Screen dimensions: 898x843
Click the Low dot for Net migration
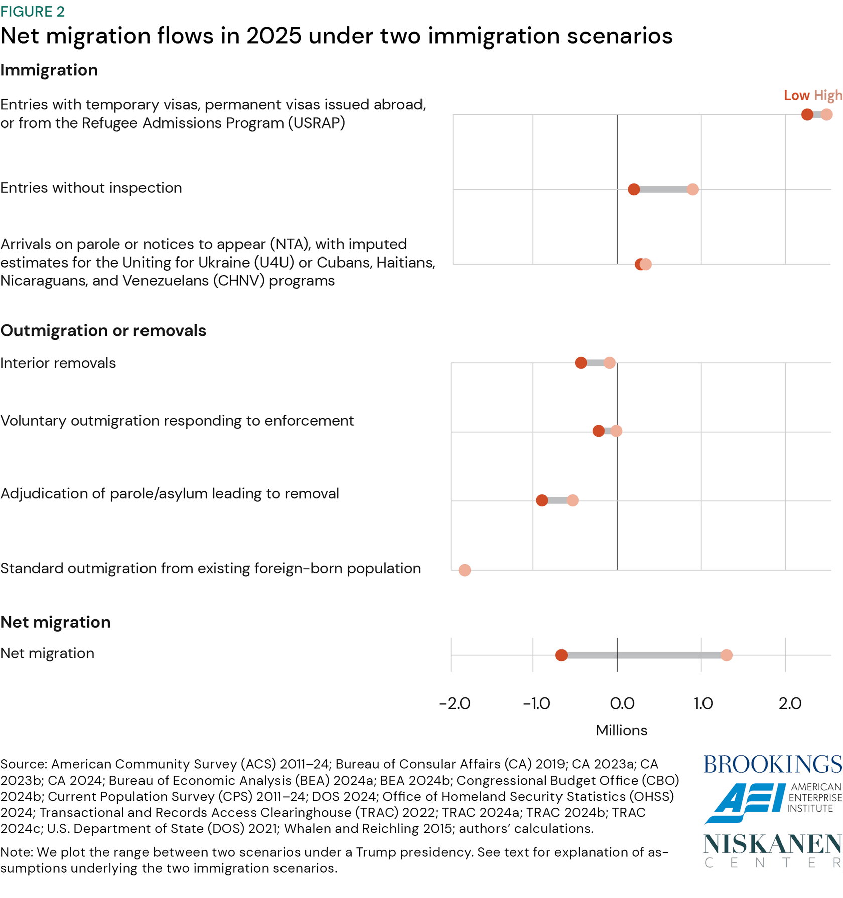(x=561, y=655)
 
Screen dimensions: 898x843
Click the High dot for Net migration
(x=726, y=655)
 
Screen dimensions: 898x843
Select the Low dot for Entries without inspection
(x=634, y=189)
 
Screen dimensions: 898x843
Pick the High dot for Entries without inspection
(x=693, y=189)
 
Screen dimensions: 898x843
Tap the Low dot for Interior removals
(x=581, y=363)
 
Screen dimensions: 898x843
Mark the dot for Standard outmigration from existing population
(x=465, y=570)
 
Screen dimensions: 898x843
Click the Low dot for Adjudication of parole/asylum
(x=542, y=500)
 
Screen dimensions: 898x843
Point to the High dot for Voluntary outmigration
(x=616, y=431)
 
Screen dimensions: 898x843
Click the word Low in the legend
(x=796, y=95)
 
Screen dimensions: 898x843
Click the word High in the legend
(x=828, y=95)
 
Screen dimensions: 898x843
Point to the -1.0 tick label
(x=537, y=704)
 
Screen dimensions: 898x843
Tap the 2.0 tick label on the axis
(x=790, y=704)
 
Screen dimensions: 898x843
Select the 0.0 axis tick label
(x=622, y=704)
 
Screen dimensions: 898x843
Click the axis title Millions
(x=621, y=730)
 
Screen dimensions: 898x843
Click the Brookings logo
(x=772, y=764)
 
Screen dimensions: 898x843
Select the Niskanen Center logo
(x=772, y=850)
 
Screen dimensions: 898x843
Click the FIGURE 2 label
(x=33, y=11)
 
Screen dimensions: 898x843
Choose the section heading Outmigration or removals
(x=103, y=330)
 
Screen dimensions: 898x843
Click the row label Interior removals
(x=58, y=363)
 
